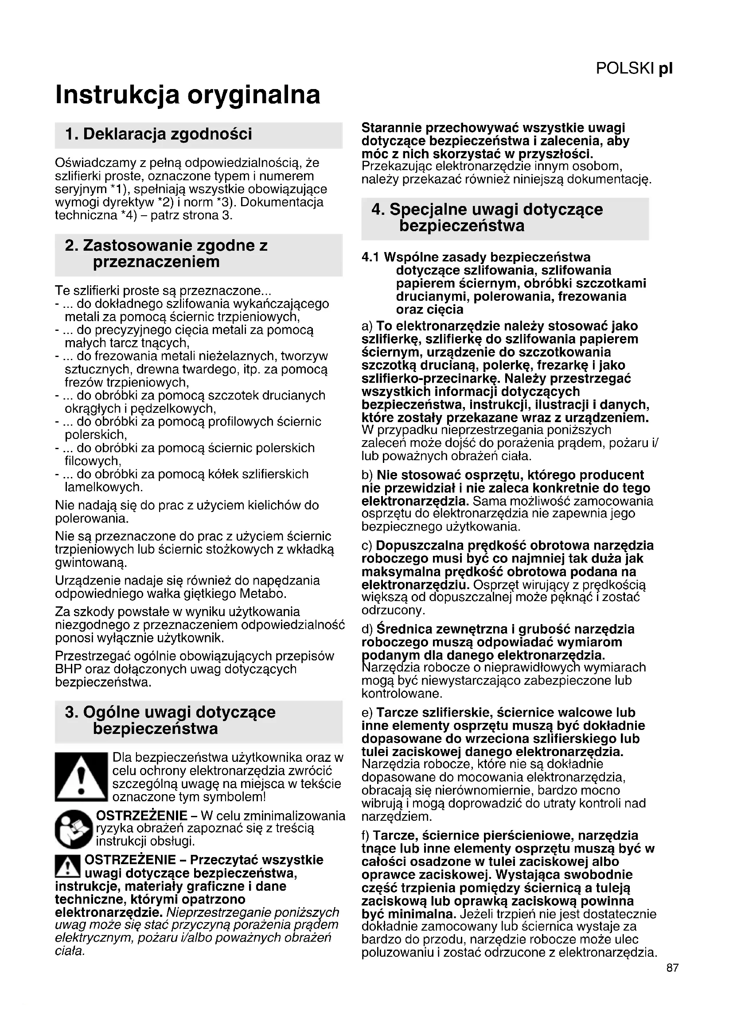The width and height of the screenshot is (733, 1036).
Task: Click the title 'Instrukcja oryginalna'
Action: pyautogui.click(x=188, y=95)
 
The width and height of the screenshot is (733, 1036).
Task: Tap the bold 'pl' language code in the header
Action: pyautogui.click(x=666, y=69)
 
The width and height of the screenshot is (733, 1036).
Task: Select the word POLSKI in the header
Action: pyautogui.click(x=625, y=69)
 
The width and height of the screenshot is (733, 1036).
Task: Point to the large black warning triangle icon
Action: pyautogui.click(x=81, y=776)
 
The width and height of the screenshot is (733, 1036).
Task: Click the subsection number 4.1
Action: pyautogui.click(x=371, y=258)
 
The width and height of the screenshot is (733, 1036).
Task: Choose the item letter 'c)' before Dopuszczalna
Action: pyautogui.click(x=367, y=546)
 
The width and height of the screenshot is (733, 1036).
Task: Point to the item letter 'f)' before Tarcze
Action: pyautogui.click(x=366, y=836)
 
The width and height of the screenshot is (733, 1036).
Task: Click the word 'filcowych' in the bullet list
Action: pyautogui.click(x=93, y=461)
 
